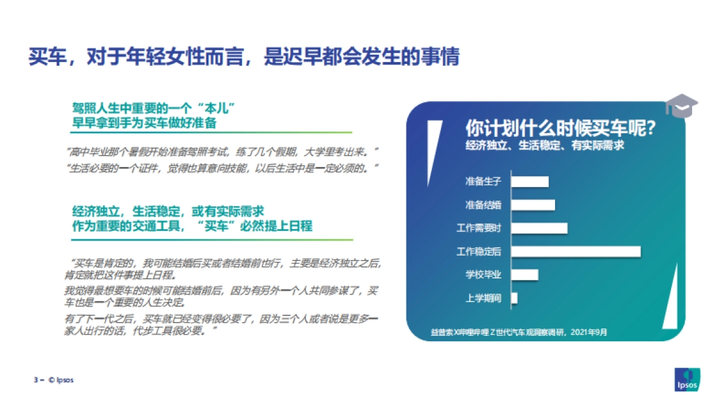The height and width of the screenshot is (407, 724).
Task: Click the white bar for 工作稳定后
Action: tap(576, 251)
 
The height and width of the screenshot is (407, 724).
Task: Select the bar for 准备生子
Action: tap(530, 181)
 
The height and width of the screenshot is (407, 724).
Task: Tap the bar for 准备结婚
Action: tap(533, 204)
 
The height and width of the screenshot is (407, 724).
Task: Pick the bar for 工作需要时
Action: tap(539, 228)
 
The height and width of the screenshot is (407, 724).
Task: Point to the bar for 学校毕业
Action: tap(524, 274)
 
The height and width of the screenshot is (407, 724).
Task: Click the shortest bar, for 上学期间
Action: tap(514, 298)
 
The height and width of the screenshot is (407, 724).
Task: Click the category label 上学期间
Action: tap(483, 298)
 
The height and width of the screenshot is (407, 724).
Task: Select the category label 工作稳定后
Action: tap(479, 251)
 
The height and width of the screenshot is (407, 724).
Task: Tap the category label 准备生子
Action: tap(483, 181)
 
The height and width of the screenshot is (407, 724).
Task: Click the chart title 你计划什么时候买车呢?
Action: tap(560, 129)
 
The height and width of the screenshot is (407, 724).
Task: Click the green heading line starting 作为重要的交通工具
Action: tap(192, 226)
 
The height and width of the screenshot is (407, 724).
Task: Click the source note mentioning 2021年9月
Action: tap(519, 332)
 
